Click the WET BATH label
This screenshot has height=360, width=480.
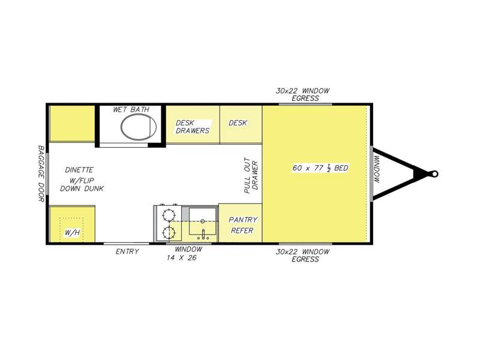coord(131,109)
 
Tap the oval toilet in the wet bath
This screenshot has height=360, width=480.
coord(139,127)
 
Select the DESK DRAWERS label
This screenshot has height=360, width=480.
coord(192,127)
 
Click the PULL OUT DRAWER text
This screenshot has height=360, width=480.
coord(251,176)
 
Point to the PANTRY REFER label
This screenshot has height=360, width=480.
coord(243,225)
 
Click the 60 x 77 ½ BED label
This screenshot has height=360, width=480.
coord(320,168)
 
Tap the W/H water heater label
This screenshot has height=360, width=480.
coord(72,233)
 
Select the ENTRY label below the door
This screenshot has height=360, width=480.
coord(127,251)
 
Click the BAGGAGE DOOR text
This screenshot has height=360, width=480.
coord(41,173)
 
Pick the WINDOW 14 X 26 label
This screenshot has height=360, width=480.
coord(184,253)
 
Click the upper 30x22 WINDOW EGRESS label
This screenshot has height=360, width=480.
coord(302,94)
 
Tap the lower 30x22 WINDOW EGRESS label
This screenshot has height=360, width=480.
coord(302,256)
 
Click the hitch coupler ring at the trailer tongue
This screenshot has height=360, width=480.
coord(434,174)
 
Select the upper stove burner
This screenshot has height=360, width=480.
coord(168,215)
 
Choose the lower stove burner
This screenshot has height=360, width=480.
coord(168,233)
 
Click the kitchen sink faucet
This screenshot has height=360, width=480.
coord(203,235)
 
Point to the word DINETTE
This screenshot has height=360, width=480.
coord(79,170)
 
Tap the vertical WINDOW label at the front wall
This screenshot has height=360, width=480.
coord(377,170)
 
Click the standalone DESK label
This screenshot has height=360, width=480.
coord(238,123)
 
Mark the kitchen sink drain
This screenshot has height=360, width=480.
coord(202,221)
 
